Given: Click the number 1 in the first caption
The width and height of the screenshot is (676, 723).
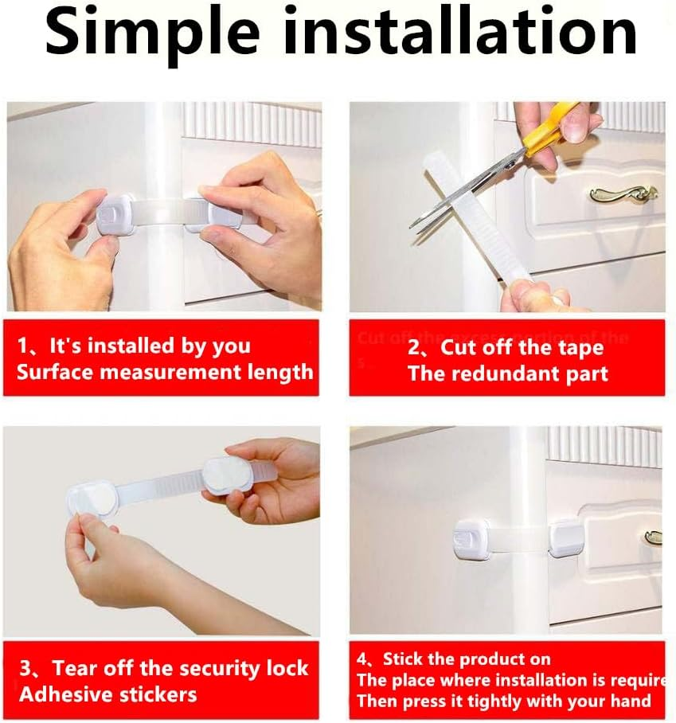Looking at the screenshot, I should [24, 346].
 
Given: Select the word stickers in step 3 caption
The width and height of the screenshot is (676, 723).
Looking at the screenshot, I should [154, 694].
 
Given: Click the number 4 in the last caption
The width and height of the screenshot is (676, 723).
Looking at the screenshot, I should [362, 659].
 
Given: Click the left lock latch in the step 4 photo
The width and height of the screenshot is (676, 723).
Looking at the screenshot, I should [470, 541].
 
